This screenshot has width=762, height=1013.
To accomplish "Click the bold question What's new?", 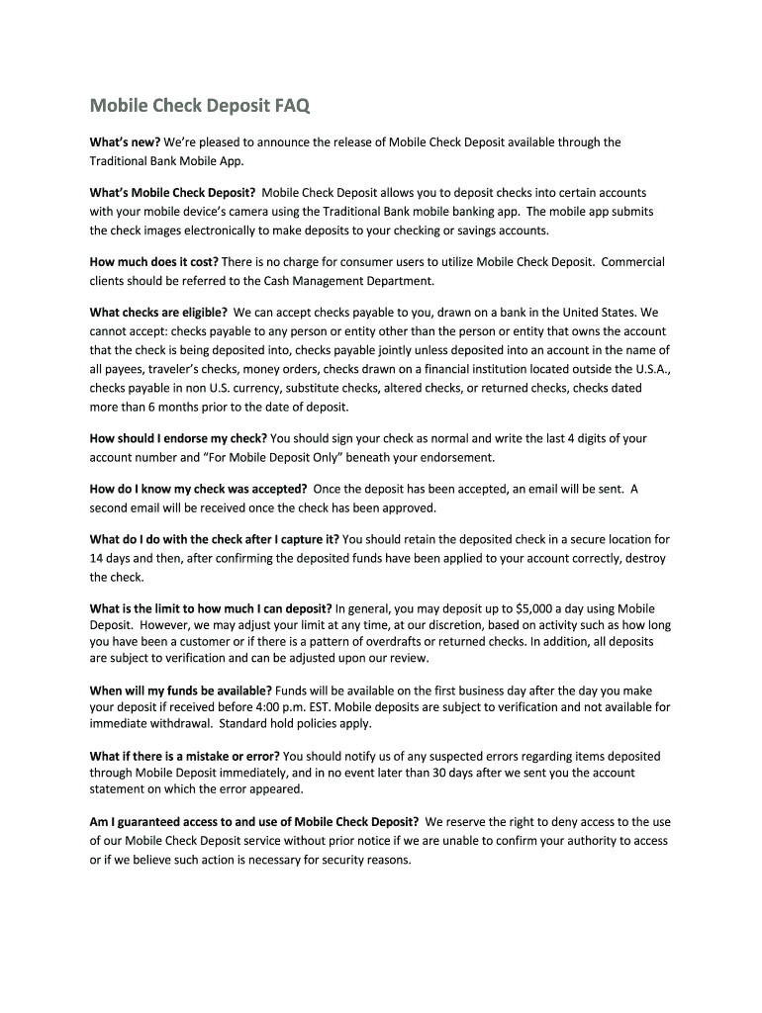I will [126, 142].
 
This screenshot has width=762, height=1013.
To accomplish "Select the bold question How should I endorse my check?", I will [178, 438].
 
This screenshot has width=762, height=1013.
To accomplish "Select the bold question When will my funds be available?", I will [181, 690].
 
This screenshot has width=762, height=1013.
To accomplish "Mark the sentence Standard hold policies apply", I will [296, 723].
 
